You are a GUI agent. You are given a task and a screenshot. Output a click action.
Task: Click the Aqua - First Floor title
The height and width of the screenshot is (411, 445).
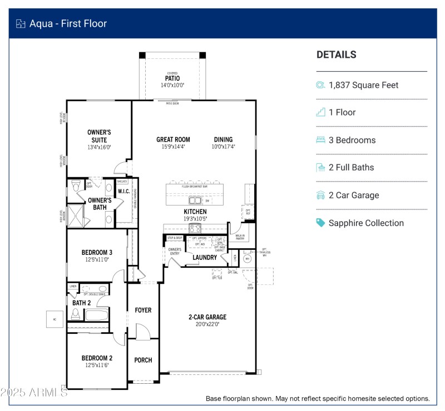tap(68, 23)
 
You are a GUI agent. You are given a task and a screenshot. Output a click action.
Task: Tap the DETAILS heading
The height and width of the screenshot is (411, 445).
tap(336, 54)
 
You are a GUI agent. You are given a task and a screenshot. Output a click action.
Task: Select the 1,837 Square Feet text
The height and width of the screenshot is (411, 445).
tap(363, 85)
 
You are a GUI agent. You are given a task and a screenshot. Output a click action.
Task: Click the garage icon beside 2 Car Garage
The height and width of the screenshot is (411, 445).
tap(320, 195)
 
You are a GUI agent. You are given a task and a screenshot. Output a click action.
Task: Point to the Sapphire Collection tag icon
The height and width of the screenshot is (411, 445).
tap(320, 223)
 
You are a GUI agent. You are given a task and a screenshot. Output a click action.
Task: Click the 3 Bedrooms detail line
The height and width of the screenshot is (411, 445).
tap(352, 140)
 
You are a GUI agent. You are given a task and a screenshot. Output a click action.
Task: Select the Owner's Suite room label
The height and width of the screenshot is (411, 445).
tap(99, 136)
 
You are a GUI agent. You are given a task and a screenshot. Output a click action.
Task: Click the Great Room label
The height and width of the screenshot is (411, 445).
tap(173, 140)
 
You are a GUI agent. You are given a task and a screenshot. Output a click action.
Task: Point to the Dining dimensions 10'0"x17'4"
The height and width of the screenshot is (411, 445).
tap(223, 147)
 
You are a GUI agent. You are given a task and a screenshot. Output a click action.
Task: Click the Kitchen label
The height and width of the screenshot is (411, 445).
tap(195, 212)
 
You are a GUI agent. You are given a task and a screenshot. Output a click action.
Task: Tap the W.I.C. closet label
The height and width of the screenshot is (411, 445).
tap(123, 192)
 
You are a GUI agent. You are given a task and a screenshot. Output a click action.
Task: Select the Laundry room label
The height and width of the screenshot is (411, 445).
tap(204, 257)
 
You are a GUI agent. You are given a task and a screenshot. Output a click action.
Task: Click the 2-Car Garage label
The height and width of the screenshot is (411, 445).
tap(207, 317)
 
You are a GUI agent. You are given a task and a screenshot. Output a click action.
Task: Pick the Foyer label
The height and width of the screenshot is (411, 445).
tap(143, 310)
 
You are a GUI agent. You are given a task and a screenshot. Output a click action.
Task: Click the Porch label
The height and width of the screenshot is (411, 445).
tap(143, 360)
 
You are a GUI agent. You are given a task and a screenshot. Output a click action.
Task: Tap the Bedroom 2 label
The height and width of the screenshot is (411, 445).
tap(97, 358)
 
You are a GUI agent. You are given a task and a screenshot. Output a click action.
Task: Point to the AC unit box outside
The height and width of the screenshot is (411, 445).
tap(55, 319)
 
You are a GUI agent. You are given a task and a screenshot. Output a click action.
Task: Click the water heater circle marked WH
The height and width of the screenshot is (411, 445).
tap(248, 258)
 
